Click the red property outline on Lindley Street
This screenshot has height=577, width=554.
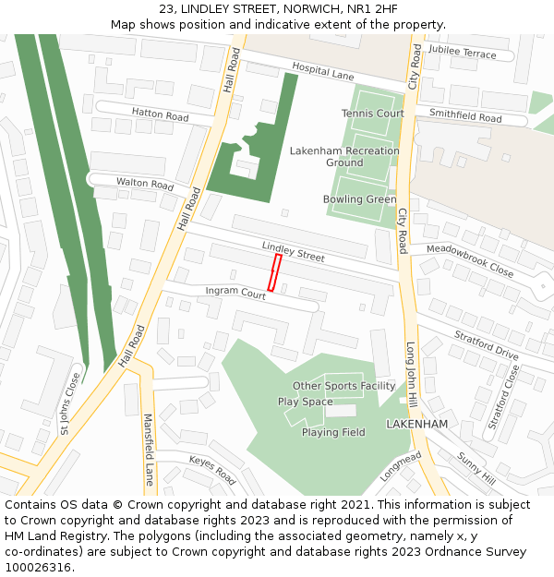point(274,273)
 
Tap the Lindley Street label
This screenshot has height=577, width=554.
point(293,251)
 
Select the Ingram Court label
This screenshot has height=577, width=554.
point(235,292)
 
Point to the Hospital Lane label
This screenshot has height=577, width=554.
point(323,70)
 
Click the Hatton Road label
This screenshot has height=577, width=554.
point(160,115)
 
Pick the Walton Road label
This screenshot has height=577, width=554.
point(145,184)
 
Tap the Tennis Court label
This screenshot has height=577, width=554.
point(373,114)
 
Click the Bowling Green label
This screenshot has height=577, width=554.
point(359,199)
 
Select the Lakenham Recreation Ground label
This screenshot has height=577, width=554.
point(344,157)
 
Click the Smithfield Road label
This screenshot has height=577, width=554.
point(465,117)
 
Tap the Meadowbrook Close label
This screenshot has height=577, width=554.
point(469,260)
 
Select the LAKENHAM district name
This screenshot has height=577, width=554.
point(416,424)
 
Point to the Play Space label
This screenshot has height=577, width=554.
point(305,402)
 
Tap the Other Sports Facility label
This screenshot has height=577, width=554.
point(343,386)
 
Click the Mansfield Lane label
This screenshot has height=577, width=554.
point(148,450)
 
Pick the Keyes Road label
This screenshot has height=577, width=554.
point(212,469)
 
